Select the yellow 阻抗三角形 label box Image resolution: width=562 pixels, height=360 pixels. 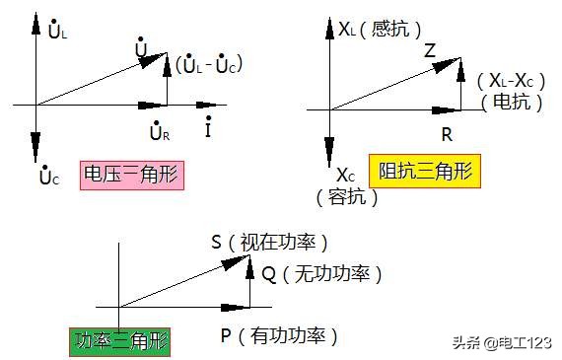[423, 171]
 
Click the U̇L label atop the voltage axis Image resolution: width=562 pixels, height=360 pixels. [58, 31]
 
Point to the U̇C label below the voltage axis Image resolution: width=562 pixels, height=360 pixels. [49, 177]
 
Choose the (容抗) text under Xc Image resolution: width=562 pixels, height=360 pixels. [347, 196]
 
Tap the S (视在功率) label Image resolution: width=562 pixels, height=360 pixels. [268, 242]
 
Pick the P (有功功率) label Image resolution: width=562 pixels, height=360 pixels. [279, 336]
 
